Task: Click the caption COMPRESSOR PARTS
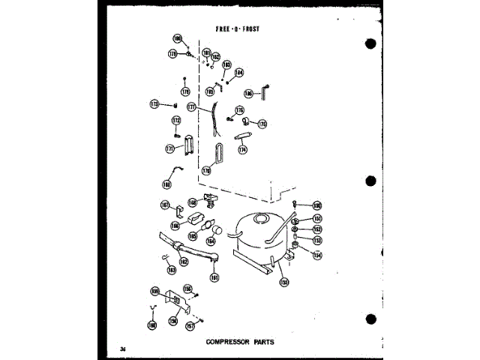pos(239,342)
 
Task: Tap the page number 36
pos(122,349)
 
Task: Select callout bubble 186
pos(248,94)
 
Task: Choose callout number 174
pos(242,150)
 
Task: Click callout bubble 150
pos(317,205)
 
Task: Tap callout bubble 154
pos(317,253)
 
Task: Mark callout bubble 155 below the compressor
pos(283,283)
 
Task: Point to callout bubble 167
pos(165,205)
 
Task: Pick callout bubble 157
pos(190,326)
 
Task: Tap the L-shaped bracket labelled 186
pos(265,91)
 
